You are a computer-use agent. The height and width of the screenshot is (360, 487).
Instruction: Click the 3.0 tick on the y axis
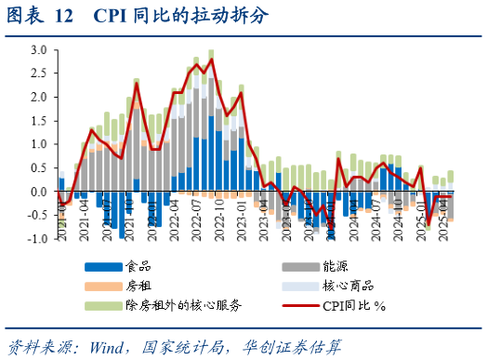pyautogui.click(x=37, y=49)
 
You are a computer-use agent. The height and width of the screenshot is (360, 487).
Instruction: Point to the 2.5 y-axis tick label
pyautogui.click(x=37, y=73)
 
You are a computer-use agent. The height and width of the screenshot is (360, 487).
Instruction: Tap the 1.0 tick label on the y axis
pyautogui.click(x=37, y=145)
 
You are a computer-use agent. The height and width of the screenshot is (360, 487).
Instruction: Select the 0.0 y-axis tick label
pyautogui.click(x=37, y=193)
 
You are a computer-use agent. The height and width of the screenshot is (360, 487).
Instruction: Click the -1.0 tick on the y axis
pyautogui.click(x=35, y=240)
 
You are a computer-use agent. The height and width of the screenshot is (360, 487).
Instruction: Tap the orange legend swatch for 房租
pyautogui.click(x=101, y=286)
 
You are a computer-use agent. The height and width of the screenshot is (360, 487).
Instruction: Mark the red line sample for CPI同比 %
pyautogui.click(x=303, y=304)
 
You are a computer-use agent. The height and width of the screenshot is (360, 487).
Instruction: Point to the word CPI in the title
pyautogui.click(x=112, y=14)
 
